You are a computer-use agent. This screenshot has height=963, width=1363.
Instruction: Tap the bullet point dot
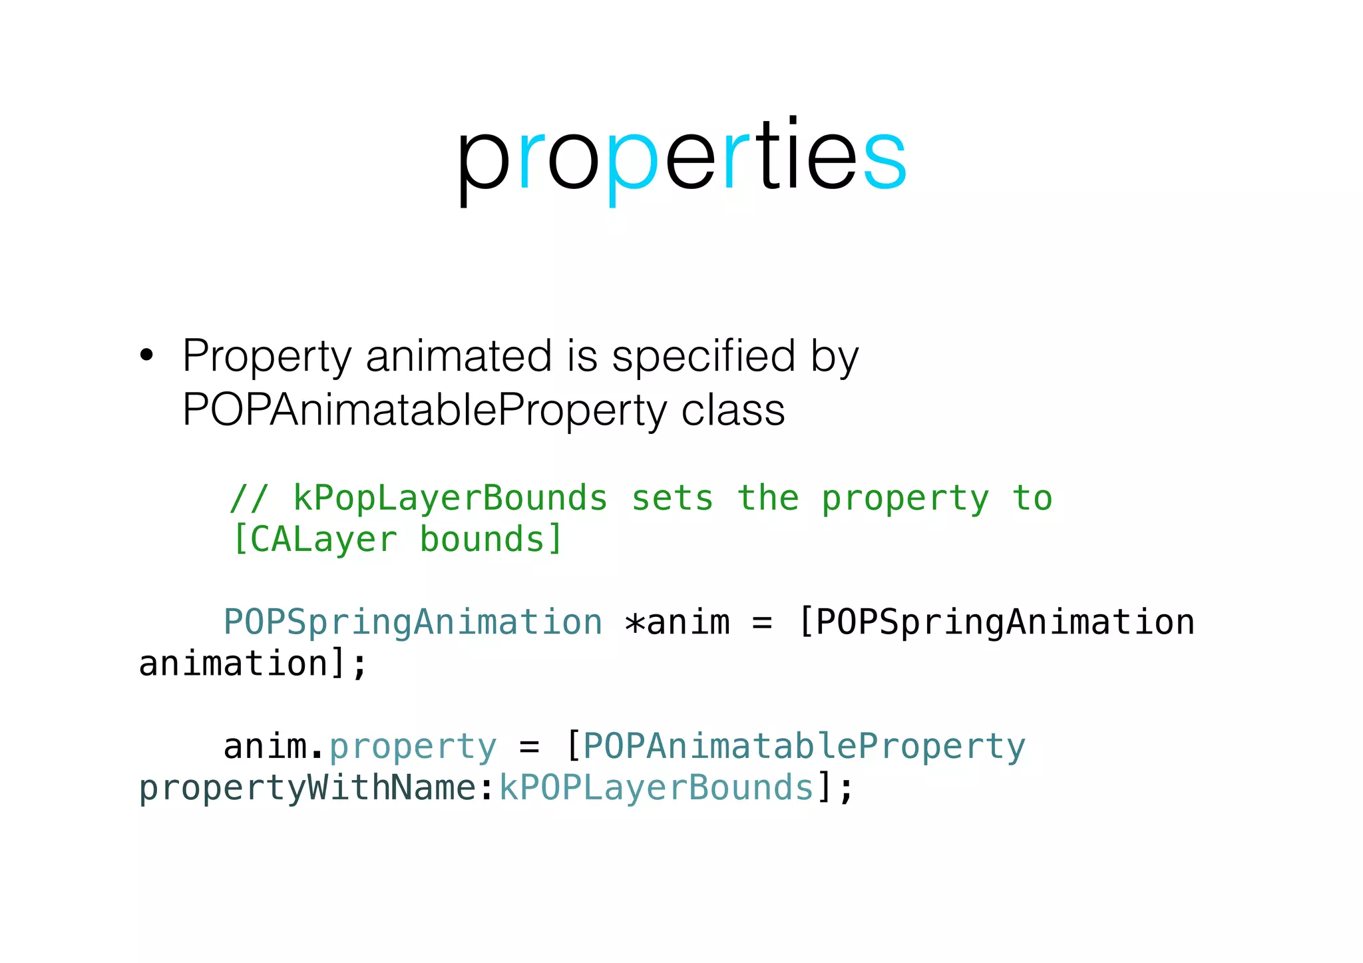pyautogui.click(x=146, y=355)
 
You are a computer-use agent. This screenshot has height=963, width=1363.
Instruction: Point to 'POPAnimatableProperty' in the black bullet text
pyautogui.click(x=424, y=409)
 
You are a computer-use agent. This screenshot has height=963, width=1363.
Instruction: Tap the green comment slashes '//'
pyautogui.click(x=249, y=498)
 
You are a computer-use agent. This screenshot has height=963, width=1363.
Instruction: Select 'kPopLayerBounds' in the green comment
pyautogui.click(x=451, y=498)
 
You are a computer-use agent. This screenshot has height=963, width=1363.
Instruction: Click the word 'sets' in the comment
pyautogui.click(x=672, y=498)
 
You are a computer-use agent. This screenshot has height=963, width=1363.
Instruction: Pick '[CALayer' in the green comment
pyautogui.click(x=313, y=539)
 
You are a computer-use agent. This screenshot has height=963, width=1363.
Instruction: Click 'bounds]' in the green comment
pyautogui.click(x=491, y=539)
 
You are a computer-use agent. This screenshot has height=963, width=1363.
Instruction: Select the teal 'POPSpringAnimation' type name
pyautogui.click(x=413, y=622)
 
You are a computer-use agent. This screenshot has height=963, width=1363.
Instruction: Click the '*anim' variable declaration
pyautogui.click(x=677, y=622)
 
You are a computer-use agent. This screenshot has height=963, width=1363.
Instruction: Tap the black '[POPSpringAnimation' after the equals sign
pyautogui.click(x=996, y=622)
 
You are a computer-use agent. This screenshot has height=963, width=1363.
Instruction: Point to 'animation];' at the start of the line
pyautogui.click(x=253, y=664)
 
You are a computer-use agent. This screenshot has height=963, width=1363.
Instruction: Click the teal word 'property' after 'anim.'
pyautogui.click(x=413, y=747)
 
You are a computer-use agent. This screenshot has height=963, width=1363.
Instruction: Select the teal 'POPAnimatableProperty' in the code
pyautogui.click(x=804, y=747)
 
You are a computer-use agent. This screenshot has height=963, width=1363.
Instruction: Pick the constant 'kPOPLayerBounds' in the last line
pyautogui.click(x=657, y=788)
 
